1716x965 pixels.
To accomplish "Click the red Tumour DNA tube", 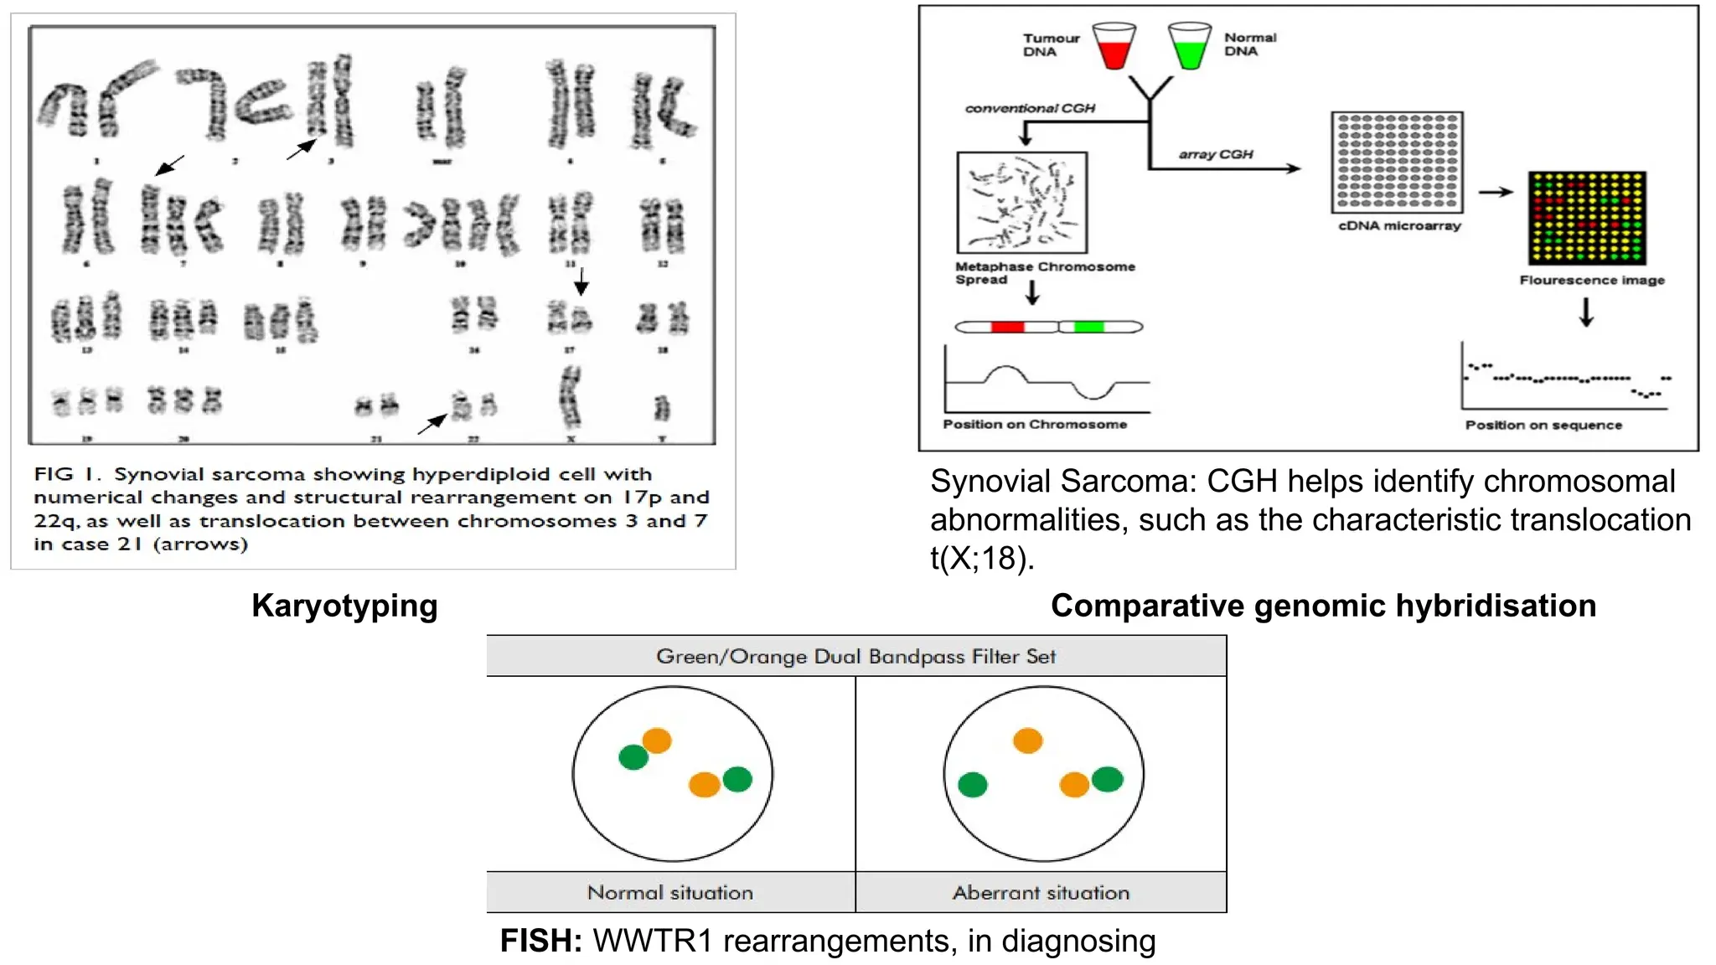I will [x=1115, y=48].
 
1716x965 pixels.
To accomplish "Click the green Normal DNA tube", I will [x=1190, y=48].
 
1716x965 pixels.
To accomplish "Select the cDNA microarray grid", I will [x=1397, y=162].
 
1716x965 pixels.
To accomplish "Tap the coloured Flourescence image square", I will [x=1586, y=218].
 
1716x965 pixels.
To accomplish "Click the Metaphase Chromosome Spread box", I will [x=1021, y=202].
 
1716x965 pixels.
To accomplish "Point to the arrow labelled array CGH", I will [x=1223, y=168].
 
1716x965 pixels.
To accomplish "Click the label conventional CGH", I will [x=1030, y=108].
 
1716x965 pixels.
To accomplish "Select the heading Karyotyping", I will [x=344, y=606].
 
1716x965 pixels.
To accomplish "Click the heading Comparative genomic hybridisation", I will [x=1323, y=606].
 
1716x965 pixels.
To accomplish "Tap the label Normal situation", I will [x=670, y=893].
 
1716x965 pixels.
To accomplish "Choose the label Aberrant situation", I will [x=1041, y=893].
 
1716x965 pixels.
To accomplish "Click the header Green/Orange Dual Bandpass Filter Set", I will [x=855, y=656].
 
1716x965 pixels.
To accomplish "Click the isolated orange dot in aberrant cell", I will [x=1027, y=741].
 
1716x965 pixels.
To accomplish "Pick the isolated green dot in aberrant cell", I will [x=972, y=785].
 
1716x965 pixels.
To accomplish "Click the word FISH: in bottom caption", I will [x=540, y=941].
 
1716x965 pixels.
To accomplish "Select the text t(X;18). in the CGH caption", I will [x=981, y=558].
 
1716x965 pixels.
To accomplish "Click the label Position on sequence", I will [x=1543, y=426].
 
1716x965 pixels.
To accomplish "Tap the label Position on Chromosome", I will [x=1034, y=425].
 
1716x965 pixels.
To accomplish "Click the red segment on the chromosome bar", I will [x=1006, y=327].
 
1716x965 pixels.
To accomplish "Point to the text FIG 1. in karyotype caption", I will [x=67, y=474].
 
